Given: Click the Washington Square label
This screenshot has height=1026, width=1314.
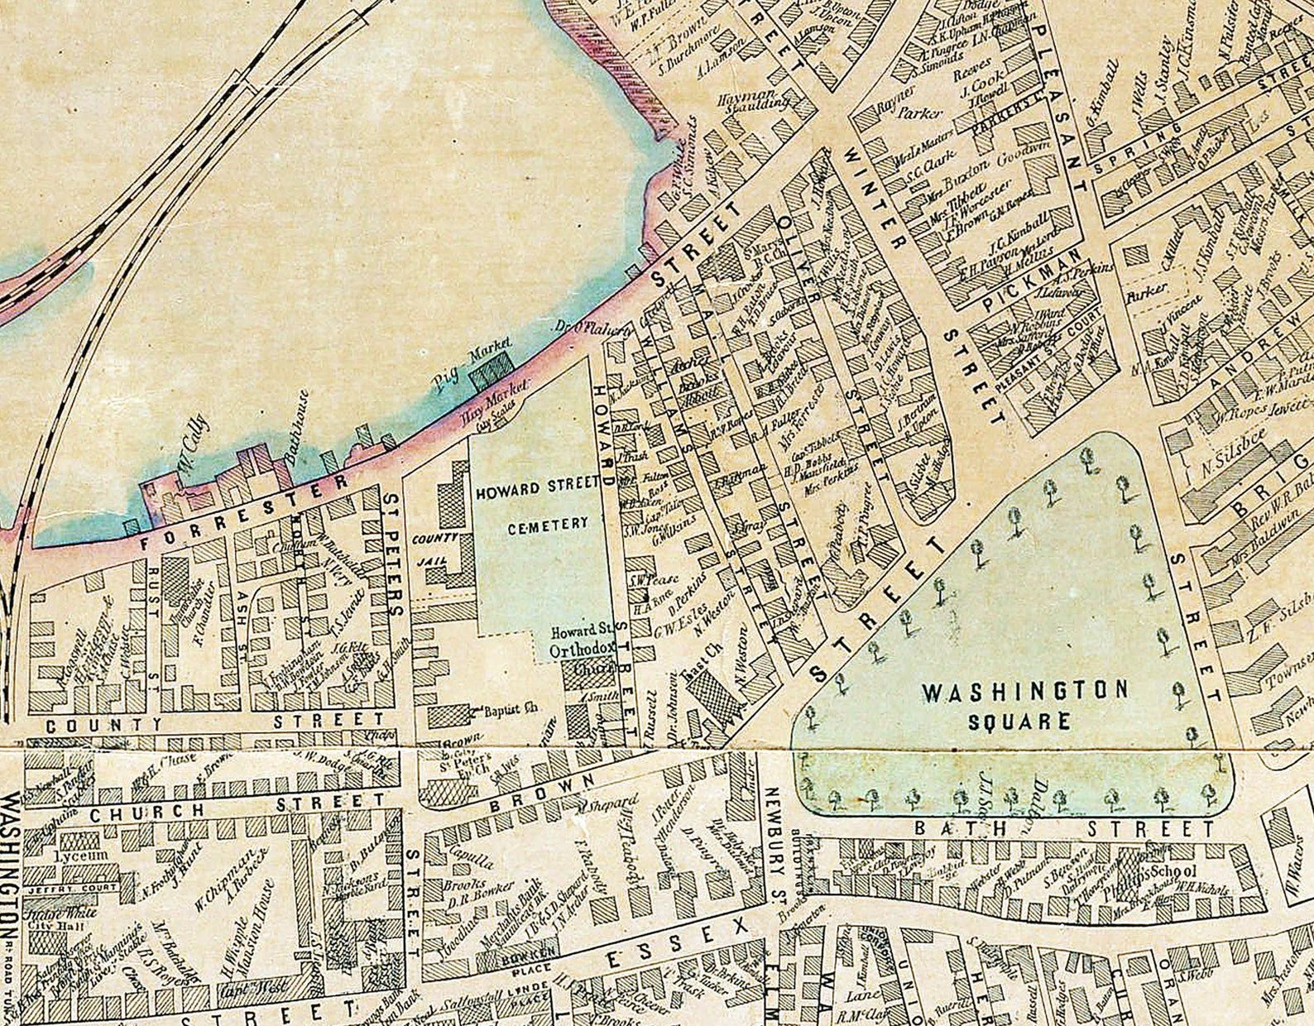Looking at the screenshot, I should click(1024, 704).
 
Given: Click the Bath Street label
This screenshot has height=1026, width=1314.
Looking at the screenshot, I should click(1062, 828).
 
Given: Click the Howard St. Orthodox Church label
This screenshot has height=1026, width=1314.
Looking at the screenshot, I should click(580, 650).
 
